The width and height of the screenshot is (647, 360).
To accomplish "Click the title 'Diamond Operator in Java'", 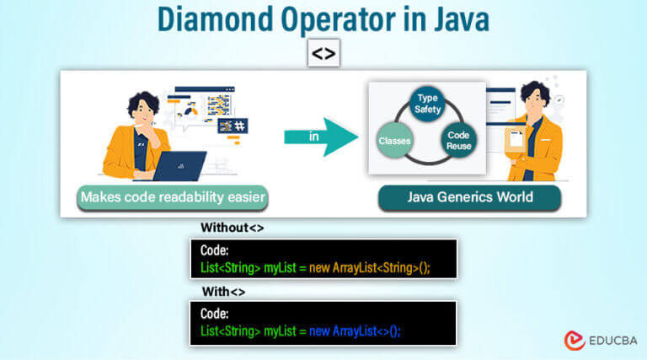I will (x=323, y=19).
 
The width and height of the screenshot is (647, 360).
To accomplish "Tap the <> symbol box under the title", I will (x=323, y=54).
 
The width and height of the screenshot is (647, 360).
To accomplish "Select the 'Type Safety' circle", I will (x=427, y=105).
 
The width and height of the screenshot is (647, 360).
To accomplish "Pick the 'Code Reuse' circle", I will (x=458, y=141).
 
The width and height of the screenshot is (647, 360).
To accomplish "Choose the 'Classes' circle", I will (x=394, y=140).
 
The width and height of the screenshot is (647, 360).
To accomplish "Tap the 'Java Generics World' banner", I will (x=470, y=198).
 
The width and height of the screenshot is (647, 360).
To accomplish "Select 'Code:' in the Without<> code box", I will (x=217, y=250).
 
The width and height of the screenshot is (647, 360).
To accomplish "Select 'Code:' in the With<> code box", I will (x=217, y=314).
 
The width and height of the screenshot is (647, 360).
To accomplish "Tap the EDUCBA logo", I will (x=600, y=339).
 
